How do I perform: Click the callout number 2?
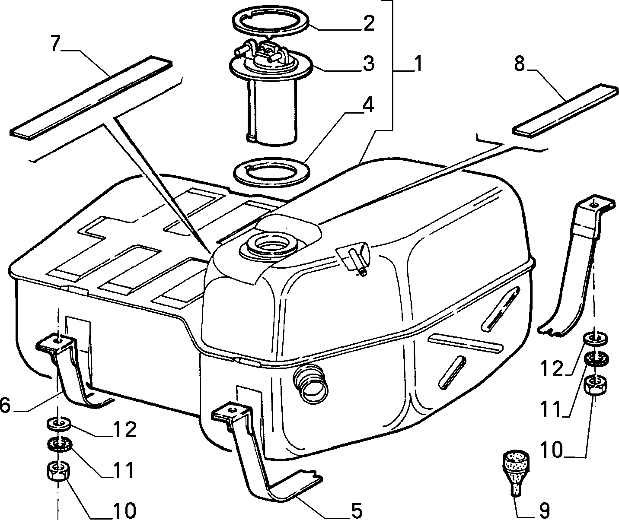point(368,23)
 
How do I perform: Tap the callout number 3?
point(368,63)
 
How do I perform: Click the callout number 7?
point(56,43)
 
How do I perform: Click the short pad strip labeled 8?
point(566,111)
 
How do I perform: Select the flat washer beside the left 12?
point(58,424)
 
